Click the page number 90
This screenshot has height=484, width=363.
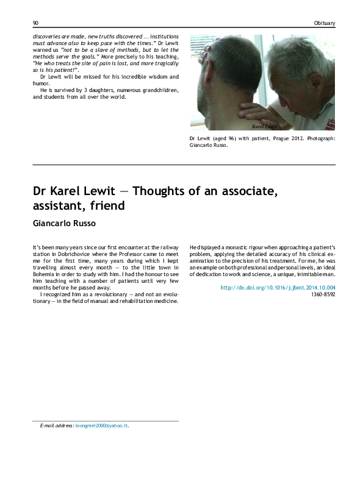click(35, 23)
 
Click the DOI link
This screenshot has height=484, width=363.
click(278, 287)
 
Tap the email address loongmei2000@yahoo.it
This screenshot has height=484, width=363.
click(101, 426)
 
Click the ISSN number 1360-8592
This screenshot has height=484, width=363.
click(323, 294)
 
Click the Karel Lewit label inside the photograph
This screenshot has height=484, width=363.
click(265, 126)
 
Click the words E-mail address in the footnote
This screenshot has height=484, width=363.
click(56, 426)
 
